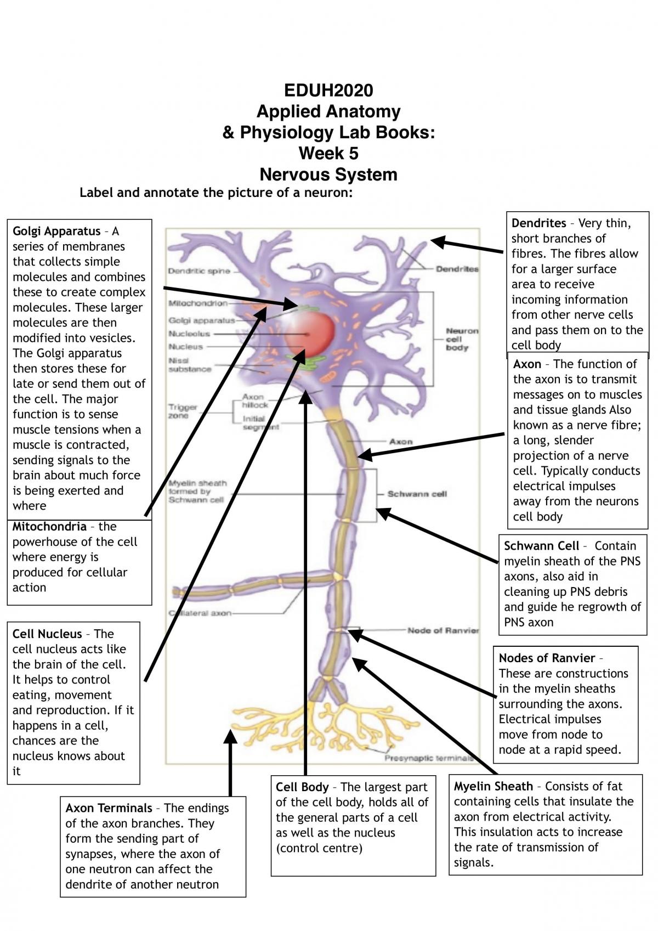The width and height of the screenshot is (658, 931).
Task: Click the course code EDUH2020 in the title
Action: [328, 90]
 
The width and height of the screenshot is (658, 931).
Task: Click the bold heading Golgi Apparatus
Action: [56, 231]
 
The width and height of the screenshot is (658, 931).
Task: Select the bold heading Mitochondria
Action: [49, 527]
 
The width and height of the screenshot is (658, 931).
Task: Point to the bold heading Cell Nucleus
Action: [47, 634]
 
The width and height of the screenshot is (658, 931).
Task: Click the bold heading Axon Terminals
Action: [109, 808]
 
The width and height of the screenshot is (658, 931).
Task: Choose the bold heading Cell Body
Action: [302, 787]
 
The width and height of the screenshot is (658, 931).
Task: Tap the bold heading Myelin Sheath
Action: [493, 786]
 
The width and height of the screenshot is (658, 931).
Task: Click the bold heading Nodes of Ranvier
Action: [547, 658]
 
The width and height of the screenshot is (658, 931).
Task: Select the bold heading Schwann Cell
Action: [541, 546]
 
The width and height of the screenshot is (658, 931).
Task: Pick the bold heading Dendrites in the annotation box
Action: [538, 223]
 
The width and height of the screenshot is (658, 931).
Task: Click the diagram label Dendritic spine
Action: [199, 271]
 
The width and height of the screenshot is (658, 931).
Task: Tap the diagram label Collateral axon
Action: [200, 613]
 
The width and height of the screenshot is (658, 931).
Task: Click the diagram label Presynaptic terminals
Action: [429, 758]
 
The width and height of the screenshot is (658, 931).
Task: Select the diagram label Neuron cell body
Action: [462, 339]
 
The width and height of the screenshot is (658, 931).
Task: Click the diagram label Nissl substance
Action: [189, 364]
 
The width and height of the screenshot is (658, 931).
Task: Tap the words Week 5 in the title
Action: [328, 153]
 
